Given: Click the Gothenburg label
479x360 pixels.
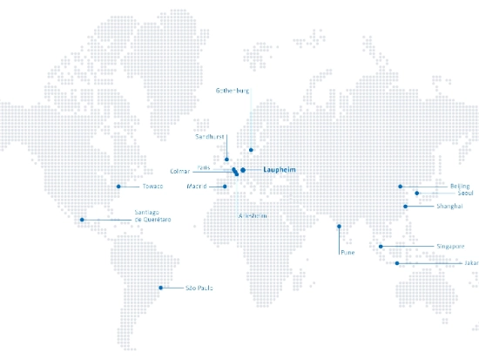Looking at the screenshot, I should click(x=233, y=91).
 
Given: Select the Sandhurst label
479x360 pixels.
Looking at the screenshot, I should click(x=210, y=137).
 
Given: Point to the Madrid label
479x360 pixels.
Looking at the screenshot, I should click(x=197, y=187).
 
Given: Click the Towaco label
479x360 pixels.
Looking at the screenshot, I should click(x=153, y=187).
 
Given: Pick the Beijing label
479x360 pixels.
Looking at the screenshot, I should click(x=460, y=187).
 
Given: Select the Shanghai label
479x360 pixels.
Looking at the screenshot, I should click(x=449, y=207).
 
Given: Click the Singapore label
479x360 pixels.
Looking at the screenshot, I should click(x=451, y=247).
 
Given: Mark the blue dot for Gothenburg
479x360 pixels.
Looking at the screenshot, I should click(x=252, y=150).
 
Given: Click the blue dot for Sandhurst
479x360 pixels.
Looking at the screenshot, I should click(x=226, y=160).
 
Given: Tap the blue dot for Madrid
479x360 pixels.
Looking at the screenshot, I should click(x=224, y=187).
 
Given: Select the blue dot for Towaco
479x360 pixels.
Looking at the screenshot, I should click(x=118, y=187).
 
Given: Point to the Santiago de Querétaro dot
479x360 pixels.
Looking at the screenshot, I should click(x=82, y=220).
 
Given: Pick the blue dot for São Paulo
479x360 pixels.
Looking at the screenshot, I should click(x=159, y=288).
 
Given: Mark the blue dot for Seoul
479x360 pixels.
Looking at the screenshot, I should click(x=417, y=193).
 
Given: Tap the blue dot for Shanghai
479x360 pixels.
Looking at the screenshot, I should click(x=406, y=207).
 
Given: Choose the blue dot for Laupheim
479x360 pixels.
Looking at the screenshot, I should click(x=244, y=170).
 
